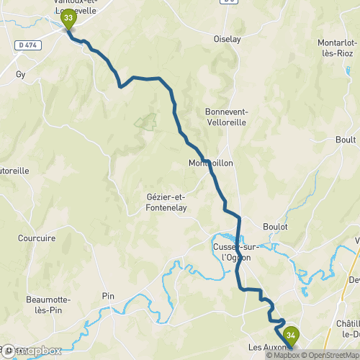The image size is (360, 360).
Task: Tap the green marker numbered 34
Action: (x=291, y=336)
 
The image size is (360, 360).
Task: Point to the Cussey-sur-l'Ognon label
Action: (x=236, y=252)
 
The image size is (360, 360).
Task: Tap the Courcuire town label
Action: (x=37, y=238)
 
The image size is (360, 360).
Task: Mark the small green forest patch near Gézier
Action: (x=145, y=122)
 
